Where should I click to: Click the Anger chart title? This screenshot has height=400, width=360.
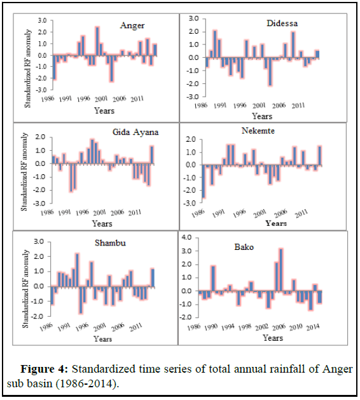click(x=132, y=26)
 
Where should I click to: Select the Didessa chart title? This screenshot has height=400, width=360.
click(x=282, y=24)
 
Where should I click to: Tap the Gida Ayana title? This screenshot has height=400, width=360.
click(x=135, y=132)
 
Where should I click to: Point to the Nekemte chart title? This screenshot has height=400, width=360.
click(x=258, y=130)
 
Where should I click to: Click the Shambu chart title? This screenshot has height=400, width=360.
click(x=110, y=243)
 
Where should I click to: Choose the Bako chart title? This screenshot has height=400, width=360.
click(x=244, y=247)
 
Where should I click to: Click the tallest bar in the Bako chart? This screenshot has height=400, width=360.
click(x=281, y=270)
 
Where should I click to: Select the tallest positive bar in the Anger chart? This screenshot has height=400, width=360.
click(x=97, y=41)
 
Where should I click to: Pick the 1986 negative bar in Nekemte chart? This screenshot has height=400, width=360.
click(x=204, y=181)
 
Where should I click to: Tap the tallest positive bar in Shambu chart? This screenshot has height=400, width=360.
click(x=78, y=270)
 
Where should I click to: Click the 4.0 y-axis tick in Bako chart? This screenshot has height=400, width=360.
click(x=186, y=237)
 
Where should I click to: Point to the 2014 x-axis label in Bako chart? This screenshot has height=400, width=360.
click(x=313, y=328)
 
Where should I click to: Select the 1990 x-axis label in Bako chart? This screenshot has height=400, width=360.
click(x=211, y=328)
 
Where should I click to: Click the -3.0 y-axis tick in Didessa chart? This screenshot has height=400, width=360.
click(x=192, y=97)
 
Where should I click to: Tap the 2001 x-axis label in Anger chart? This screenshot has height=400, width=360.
click(x=101, y=99)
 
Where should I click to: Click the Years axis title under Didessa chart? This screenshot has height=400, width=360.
click(x=262, y=116)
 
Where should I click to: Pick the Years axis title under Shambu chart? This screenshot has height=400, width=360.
click(x=102, y=339)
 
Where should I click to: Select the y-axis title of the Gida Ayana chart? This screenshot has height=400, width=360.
click(x=24, y=172)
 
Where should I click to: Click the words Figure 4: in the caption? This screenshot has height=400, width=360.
click(x=44, y=369)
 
